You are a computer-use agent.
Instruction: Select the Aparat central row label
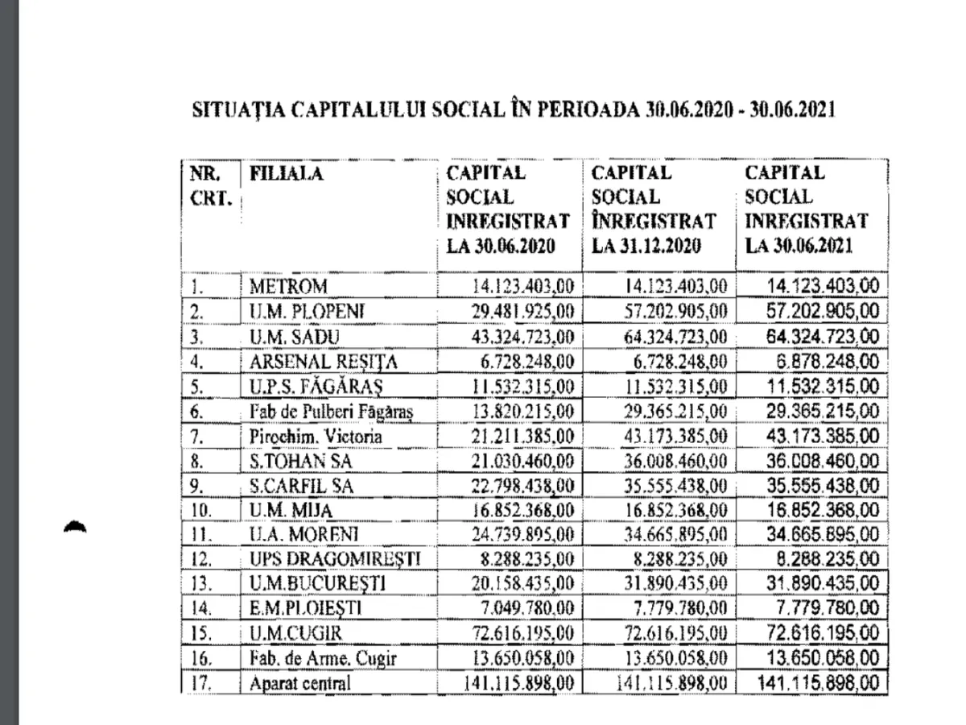pyautogui.click(x=301, y=684)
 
